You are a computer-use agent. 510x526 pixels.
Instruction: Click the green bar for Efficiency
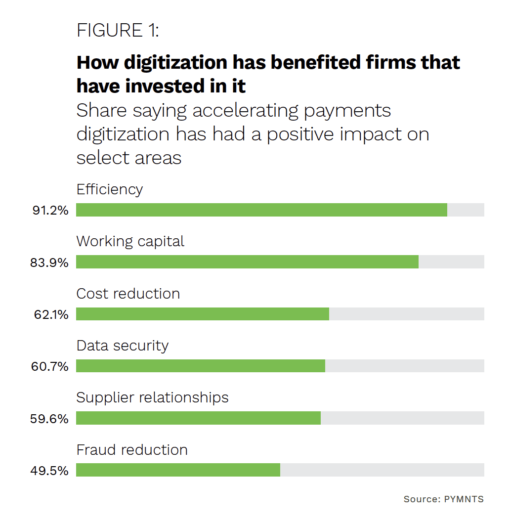click(x=261, y=210)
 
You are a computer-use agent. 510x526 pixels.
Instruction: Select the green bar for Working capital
click(x=247, y=262)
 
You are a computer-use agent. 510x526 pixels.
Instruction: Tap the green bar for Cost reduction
click(x=202, y=314)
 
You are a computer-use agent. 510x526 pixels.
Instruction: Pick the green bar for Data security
click(x=200, y=366)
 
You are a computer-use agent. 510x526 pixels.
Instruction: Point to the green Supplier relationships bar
click(x=198, y=418)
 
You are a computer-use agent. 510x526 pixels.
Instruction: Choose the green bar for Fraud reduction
click(x=178, y=470)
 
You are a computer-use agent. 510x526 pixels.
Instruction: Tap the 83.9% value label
click(x=49, y=263)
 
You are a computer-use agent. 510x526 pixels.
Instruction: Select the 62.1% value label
click(x=51, y=314)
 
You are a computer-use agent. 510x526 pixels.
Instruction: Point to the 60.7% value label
click(x=50, y=366)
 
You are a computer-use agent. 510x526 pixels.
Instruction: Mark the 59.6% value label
click(x=50, y=419)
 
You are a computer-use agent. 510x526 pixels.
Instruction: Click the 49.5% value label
click(x=50, y=471)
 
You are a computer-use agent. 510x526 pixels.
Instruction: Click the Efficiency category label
click(x=110, y=190)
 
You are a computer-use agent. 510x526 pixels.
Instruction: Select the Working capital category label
click(x=130, y=242)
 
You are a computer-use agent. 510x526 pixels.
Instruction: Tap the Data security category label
click(x=123, y=346)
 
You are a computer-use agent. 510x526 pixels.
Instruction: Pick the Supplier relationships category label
click(x=152, y=398)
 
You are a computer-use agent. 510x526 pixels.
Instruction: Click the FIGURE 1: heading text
click(x=118, y=31)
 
